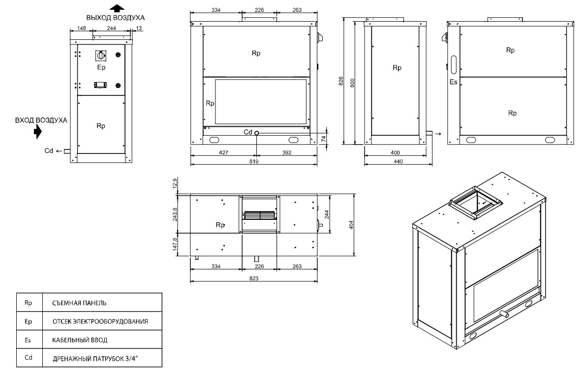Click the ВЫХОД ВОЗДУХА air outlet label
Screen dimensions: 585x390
115,18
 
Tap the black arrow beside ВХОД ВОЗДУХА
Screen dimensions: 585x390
38,132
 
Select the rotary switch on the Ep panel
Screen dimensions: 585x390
101,56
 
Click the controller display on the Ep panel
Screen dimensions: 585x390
100,86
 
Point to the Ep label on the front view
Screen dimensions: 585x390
101,67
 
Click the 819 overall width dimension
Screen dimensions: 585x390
254,161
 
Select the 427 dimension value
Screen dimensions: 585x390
223,152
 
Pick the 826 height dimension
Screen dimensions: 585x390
341,81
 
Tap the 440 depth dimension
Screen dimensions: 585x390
398,161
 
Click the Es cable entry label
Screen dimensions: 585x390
453,82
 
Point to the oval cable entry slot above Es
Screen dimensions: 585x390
454,65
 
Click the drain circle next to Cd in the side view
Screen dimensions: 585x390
257,133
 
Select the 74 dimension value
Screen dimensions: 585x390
323,139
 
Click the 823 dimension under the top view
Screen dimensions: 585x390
254,278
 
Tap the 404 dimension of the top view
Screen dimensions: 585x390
351,225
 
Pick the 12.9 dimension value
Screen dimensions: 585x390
175,183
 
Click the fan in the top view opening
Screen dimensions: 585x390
259,215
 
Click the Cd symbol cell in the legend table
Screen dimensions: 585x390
29,358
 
